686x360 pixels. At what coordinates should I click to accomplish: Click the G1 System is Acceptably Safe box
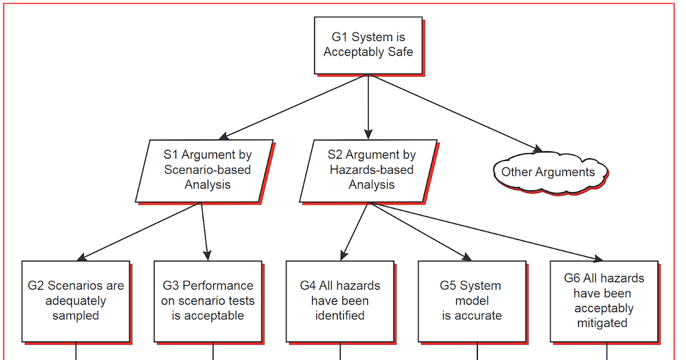coord(368,45)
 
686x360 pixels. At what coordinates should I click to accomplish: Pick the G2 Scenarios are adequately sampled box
coord(75,301)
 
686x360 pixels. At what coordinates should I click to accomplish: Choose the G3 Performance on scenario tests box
coord(208,301)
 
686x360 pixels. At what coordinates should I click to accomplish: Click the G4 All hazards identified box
coord(340,301)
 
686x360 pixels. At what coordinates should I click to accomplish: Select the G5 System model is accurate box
coord(471,301)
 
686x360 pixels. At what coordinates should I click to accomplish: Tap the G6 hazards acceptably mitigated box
coord(604,301)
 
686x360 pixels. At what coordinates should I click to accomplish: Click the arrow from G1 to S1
coord(294,106)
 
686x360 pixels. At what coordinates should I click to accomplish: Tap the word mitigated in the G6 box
coord(603,323)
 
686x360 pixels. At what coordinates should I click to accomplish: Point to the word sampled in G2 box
coord(75,315)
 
